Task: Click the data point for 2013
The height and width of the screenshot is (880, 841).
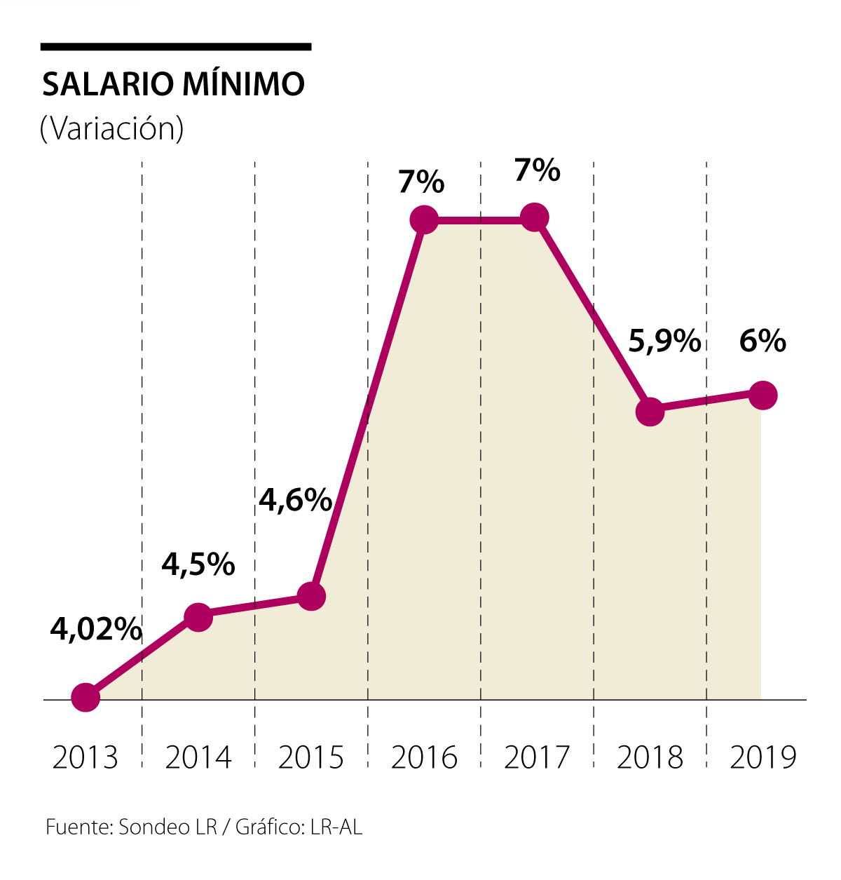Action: pos(86,698)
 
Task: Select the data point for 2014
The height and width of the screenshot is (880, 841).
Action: pos(198,616)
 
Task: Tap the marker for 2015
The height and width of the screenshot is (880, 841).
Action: pos(311,596)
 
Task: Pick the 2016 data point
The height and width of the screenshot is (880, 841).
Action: pos(424,219)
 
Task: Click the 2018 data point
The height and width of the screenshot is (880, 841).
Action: pos(650,411)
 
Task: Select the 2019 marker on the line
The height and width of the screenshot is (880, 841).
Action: pos(763,395)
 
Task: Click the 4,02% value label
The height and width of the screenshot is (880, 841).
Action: pos(96,630)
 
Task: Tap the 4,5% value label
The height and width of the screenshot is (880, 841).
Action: pos(198,564)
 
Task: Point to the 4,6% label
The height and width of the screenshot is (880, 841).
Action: pos(295,500)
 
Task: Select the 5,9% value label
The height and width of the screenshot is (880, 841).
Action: pos(664,341)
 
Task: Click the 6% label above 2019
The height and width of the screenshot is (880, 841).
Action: pos(763,341)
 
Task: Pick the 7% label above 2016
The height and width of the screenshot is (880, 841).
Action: pos(421,182)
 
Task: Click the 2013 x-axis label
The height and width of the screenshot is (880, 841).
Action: pos(86,758)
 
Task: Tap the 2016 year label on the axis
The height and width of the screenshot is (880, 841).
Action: pos(424,758)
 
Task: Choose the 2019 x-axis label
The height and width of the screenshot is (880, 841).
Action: pos(763,758)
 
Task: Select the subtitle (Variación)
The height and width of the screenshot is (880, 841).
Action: pos(112,128)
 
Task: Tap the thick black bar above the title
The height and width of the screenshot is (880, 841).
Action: pos(175,47)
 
